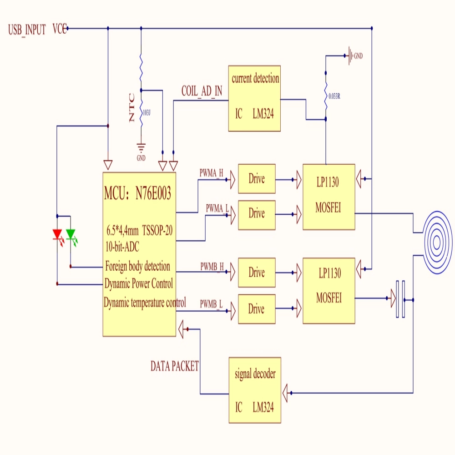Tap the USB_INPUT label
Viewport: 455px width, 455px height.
click(27, 30)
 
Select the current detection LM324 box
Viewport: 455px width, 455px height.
click(254, 98)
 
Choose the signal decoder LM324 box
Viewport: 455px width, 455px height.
click(255, 390)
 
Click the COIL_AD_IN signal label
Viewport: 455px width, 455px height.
click(202, 91)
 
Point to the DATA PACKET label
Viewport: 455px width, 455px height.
click(175, 366)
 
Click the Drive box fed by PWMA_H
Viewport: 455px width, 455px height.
click(257, 179)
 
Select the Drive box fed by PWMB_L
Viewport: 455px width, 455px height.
click(257, 309)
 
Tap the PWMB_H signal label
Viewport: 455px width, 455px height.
click(212, 266)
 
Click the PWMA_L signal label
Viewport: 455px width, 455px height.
click(217, 208)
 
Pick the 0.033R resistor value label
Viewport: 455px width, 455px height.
click(334, 96)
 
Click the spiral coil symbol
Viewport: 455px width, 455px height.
click(437, 243)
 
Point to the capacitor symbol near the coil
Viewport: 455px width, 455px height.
click(400, 299)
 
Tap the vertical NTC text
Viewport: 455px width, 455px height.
click(132, 107)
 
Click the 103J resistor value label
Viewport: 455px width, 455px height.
click(147, 112)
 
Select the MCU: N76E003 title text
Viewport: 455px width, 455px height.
click(137, 193)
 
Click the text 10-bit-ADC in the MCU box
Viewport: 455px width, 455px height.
click(122, 247)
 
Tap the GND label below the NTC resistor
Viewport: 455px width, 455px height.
click(141, 158)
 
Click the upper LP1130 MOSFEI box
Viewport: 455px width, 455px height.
click(329, 197)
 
